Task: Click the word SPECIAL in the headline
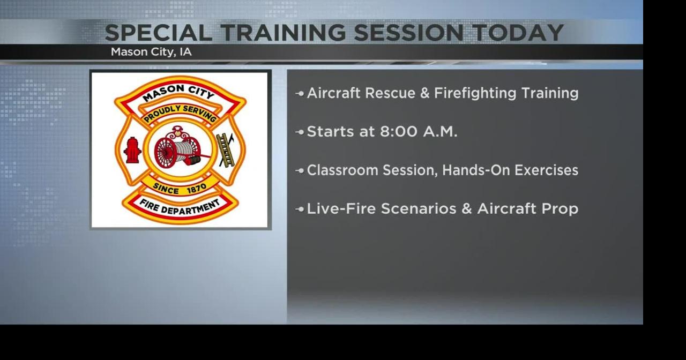pos(159,33)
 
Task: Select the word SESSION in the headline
pos(408,33)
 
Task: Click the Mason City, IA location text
pos(151,52)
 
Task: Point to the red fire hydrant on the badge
pos(132,149)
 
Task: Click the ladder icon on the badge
pos(226,149)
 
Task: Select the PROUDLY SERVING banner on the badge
pos(180,113)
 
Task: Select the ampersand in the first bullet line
pos(425,93)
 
